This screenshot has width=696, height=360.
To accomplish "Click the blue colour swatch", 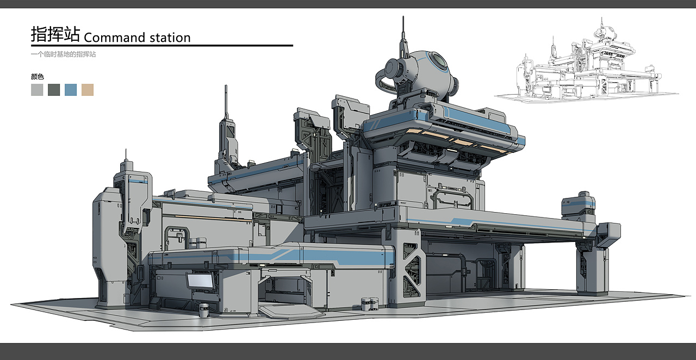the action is click(71, 90).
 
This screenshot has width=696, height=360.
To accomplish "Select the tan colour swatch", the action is click(88, 90).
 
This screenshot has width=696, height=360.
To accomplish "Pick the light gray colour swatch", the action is click(37, 90).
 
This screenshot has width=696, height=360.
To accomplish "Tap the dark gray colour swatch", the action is click(54, 90).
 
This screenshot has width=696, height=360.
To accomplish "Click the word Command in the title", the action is click(115, 38).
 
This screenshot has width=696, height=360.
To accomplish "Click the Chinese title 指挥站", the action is click(55, 34).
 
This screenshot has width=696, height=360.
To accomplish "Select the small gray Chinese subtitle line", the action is click(64, 54).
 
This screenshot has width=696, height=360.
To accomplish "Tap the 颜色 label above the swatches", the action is click(38, 77).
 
